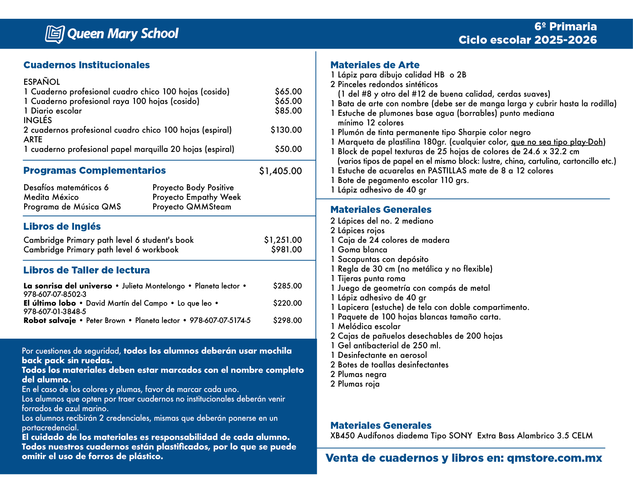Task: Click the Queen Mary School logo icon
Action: click(x=54, y=34)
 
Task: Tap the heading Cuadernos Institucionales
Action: click(x=86, y=65)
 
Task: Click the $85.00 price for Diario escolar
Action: click(x=288, y=111)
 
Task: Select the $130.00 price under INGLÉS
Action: click(x=286, y=130)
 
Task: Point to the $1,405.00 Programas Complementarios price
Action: click(x=280, y=171)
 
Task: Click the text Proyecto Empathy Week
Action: click(x=196, y=197)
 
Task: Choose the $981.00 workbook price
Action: click(x=286, y=250)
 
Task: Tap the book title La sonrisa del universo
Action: click(x=67, y=286)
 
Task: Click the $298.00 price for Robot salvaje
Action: click(x=287, y=321)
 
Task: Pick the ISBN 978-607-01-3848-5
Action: click(x=55, y=312)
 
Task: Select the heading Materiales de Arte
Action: click(x=375, y=65)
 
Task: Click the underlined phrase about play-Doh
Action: click(x=558, y=142)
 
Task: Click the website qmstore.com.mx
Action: click(x=554, y=458)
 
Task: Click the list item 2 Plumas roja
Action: click(x=355, y=384)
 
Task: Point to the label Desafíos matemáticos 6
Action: click(x=66, y=188)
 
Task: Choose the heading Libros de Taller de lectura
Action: click(x=86, y=270)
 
